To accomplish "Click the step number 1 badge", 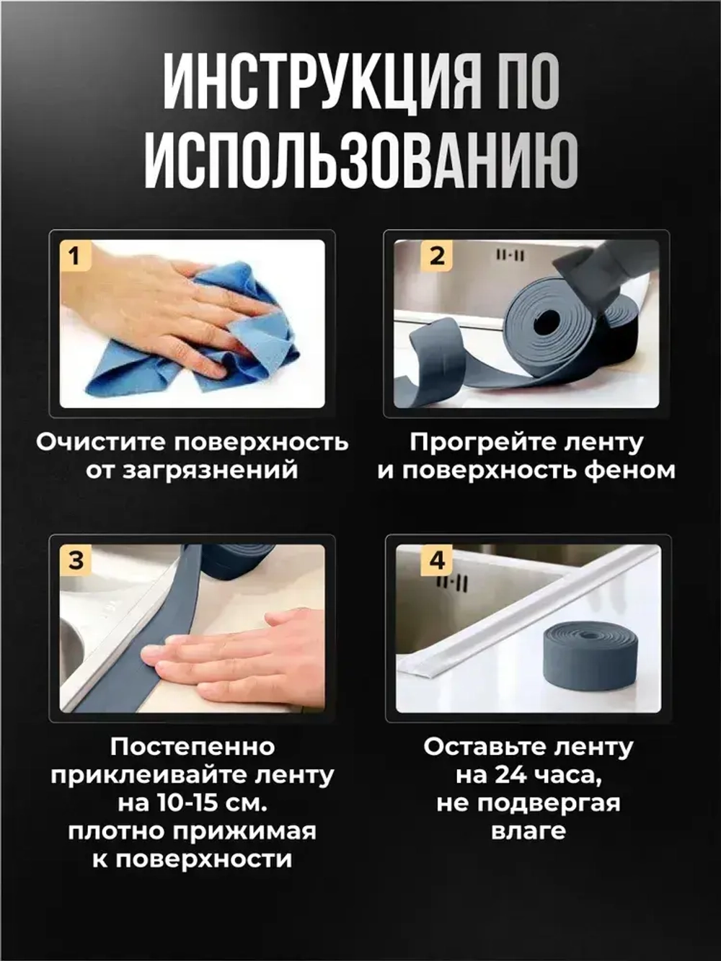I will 75,256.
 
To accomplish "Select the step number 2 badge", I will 437,256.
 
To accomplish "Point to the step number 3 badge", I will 76,561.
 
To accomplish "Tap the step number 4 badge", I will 437,561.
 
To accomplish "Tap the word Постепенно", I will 193,747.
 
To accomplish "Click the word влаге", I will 528,831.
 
